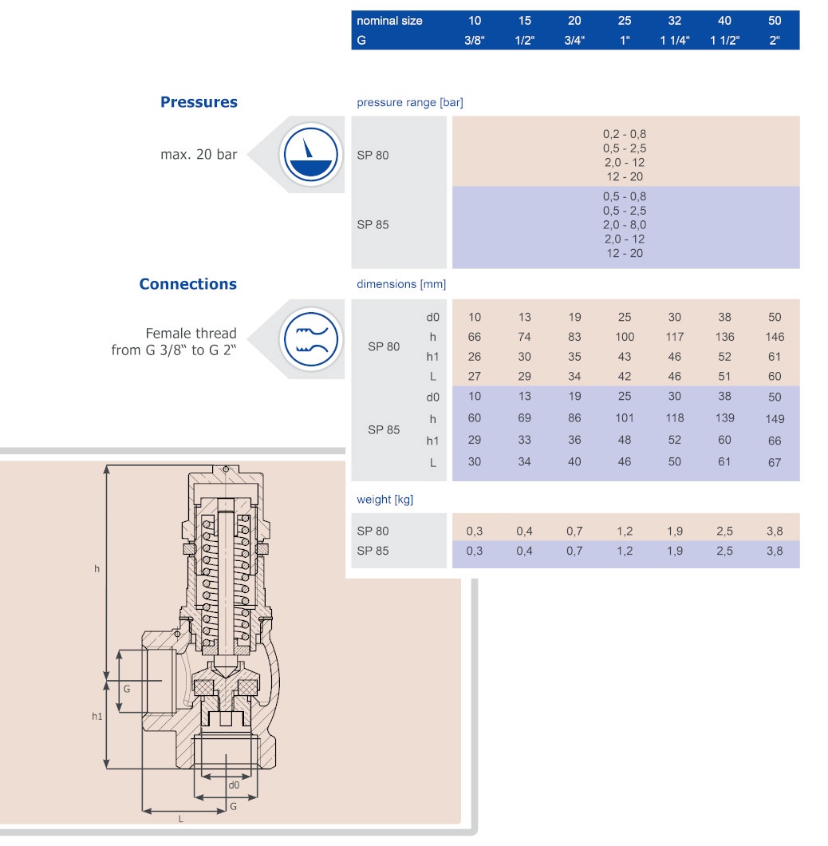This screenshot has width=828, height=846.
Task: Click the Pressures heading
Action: (x=199, y=102)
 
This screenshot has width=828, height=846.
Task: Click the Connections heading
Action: (x=187, y=284)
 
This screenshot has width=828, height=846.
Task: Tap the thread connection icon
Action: (x=311, y=338)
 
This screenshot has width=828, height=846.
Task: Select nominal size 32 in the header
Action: (x=674, y=21)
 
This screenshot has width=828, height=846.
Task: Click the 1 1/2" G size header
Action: (x=724, y=40)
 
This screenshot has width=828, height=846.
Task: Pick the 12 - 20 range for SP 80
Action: (x=625, y=176)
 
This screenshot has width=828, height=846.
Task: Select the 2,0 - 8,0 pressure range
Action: (x=625, y=225)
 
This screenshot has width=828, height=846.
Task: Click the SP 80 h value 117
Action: (x=674, y=338)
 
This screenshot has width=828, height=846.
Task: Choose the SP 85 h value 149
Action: (x=774, y=419)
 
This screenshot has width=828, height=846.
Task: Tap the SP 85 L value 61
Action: (x=724, y=462)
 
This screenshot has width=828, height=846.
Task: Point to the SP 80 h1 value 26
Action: (x=474, y=357)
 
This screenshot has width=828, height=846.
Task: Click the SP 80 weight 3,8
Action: (x=774, y=531)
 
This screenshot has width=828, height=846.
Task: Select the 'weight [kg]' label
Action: (x=384, y=500)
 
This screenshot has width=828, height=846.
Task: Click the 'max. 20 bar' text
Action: (x=199, y=155)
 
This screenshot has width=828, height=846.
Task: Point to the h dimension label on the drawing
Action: (x=97, y=568)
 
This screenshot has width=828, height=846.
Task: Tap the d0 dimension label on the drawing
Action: (x=234, y=785)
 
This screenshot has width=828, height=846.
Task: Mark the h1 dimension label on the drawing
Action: (x=97, y=717)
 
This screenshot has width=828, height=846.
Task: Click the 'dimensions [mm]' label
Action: (x=401, y=284)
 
